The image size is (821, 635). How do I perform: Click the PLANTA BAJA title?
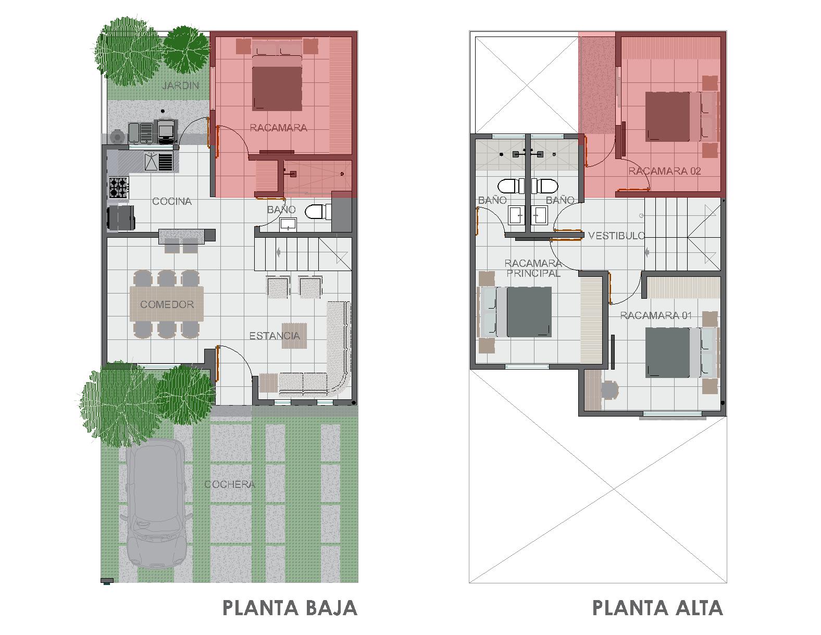pyautogui.click(x=290, y=608)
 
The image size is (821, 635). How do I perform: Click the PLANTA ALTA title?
pyautogui.click(x=657, y=608)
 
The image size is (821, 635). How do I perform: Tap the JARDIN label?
pyautogui.click(x=181, y=86)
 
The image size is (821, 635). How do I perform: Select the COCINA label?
pyautogui.click(x=172, y=201)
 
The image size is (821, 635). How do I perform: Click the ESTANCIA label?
pyautogui.click(x=275, y=336)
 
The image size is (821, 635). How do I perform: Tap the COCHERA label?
pyautogui.click(x=230, y=484)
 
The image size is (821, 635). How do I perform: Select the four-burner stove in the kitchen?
pyautogui.click(x=119, y=188)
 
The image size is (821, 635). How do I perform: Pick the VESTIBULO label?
pyautogui.click(x=617, y=236)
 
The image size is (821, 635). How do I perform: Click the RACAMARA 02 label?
pyautogui.click(x=664, y=171)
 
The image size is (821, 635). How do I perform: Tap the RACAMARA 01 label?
pyautogui.click(x=656, y=315)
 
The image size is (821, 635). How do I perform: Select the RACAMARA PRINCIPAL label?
pyautogui.click(x=533, y=268)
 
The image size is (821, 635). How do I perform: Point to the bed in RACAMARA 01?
pyautogui.click(x=682, y=352)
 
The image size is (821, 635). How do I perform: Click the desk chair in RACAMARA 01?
pyautogui.click(x=609, y=389)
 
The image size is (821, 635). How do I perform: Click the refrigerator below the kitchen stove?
pyautogui.click(x=121, y=218)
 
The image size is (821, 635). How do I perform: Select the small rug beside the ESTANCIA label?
pyautogui.click(x=294, y=335)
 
